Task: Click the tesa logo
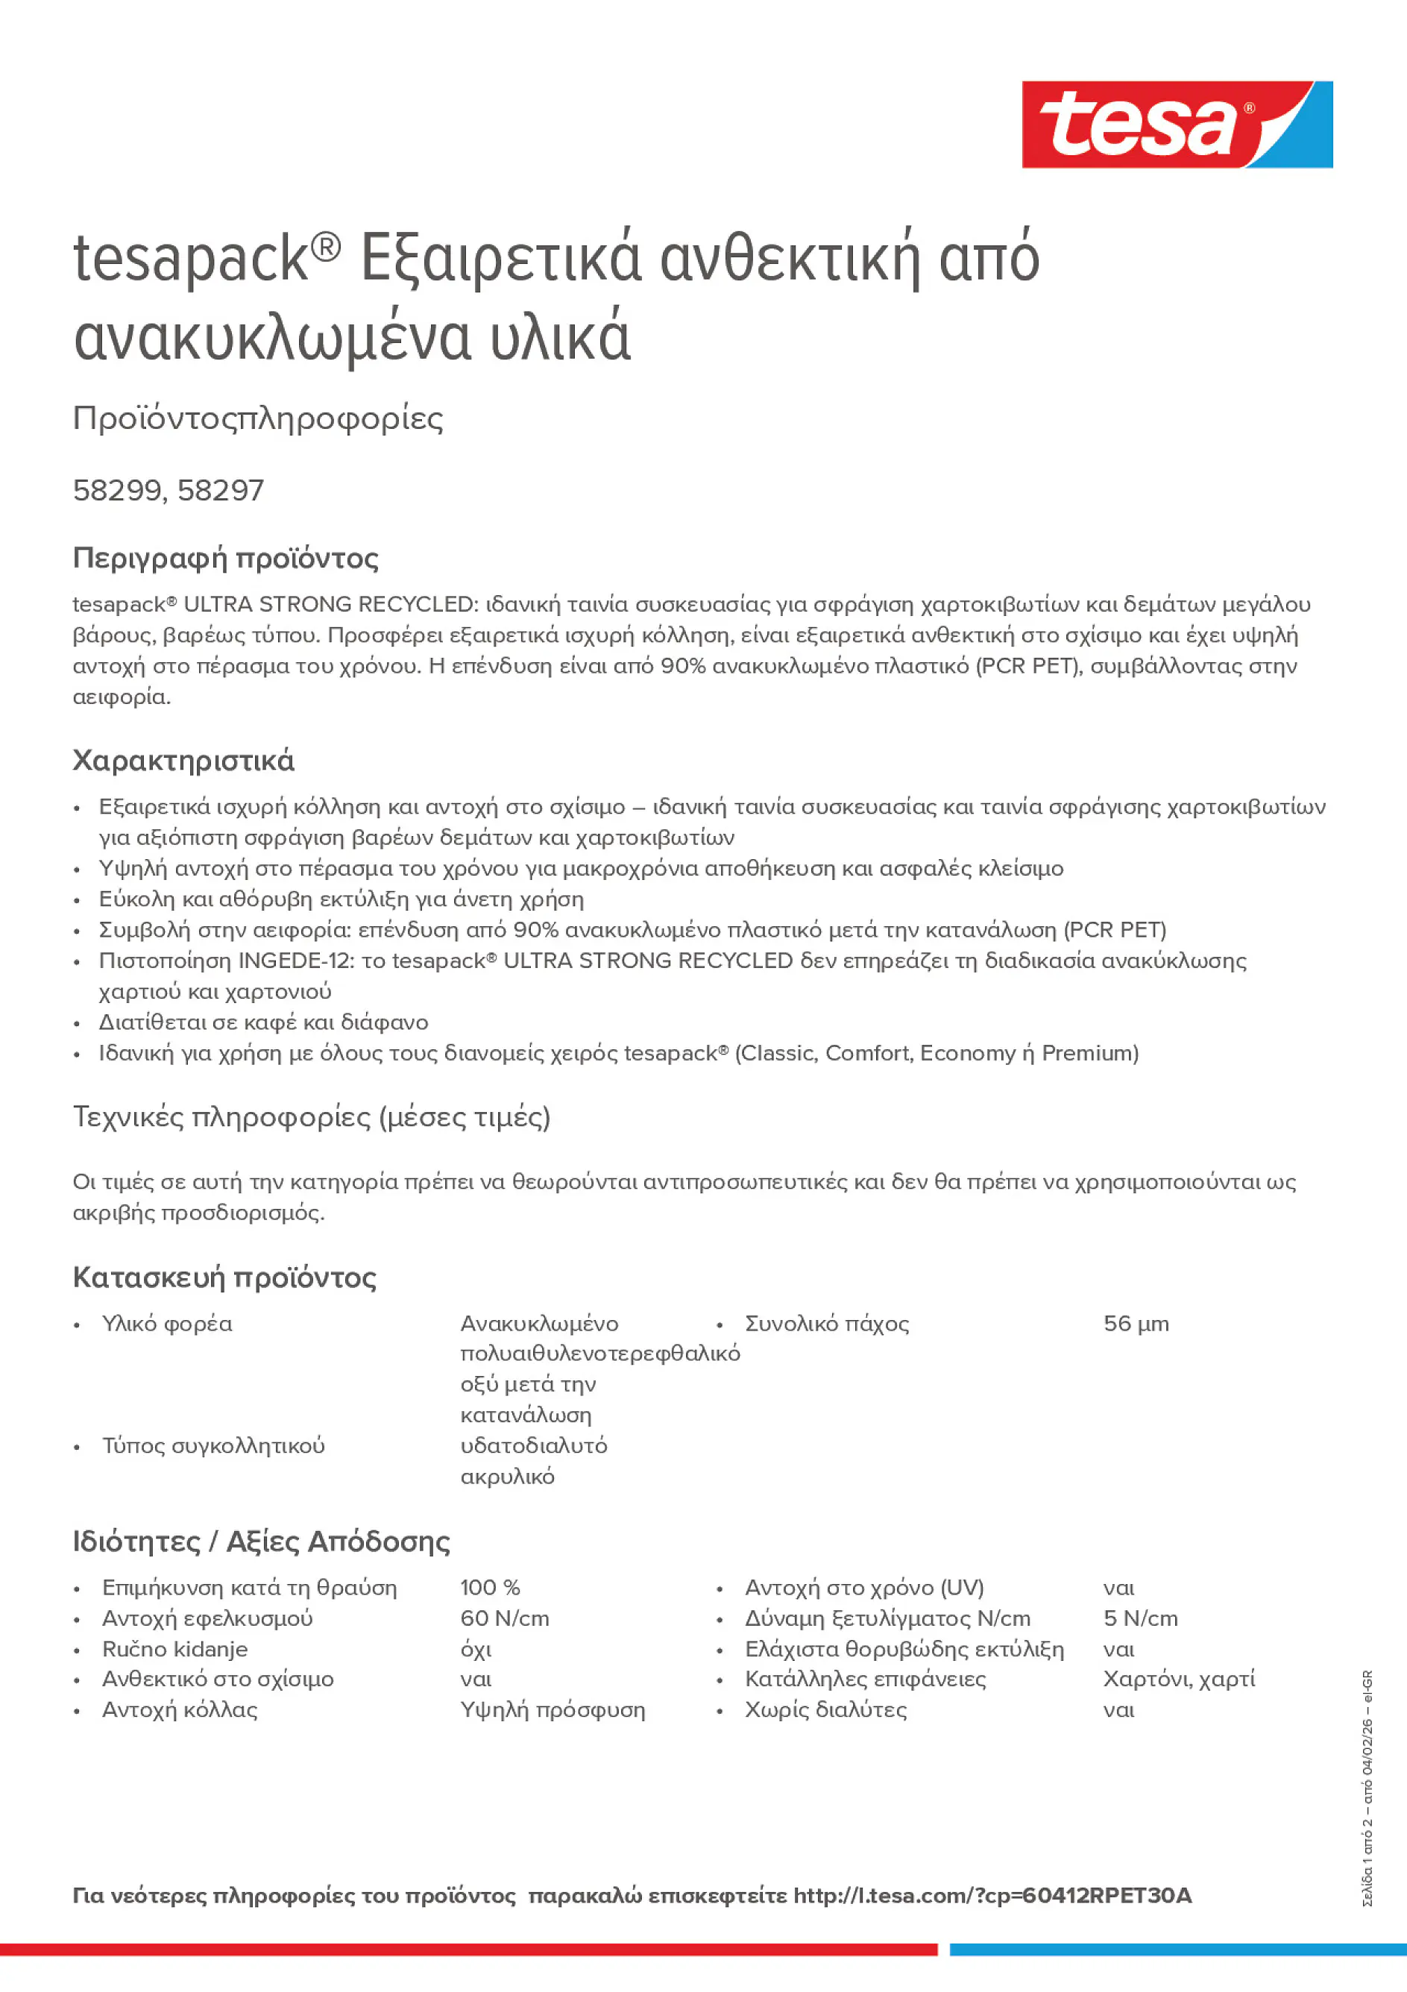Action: pyautogui.click(x=1177, y=125)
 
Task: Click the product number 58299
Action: pyautogui.click(x=117, y=491)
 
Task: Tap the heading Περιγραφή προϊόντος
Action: pyautogui.click(x=225, y=558)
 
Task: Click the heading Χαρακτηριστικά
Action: pyautogui.click(x=183, y=761)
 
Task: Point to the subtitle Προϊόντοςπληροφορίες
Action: pyautogui.click(x=258, y=418)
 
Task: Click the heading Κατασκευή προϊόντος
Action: pyautogui.click(x=224, y=1278)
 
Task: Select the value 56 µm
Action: pyautogui.click(x=1136, y=1324)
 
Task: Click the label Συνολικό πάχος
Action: pyautogui.click(x=827, y=1324)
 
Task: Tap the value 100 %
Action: pyautogui.click(x=489, y=1588)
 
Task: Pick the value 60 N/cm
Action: pyautogui.click(x=504, y=1618)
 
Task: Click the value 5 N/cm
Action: pyautogui.click(x=1140, y=1618)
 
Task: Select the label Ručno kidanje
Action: pyautogui.click(x=174, y=1648)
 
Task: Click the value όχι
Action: pyautogui.click(x=476, y=1648)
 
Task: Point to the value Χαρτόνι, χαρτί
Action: pyautogui.click(x=1179, y=1679)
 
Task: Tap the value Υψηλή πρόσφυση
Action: pyautogui.click(x=553, y=1710)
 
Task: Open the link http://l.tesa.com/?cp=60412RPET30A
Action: pyautogui.click(x=992, y=1896)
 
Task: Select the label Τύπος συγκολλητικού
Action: pyautogui.click(x=213, y=1445)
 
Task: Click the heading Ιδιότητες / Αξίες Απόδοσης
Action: pyautogui.click(x=261, y=1542)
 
